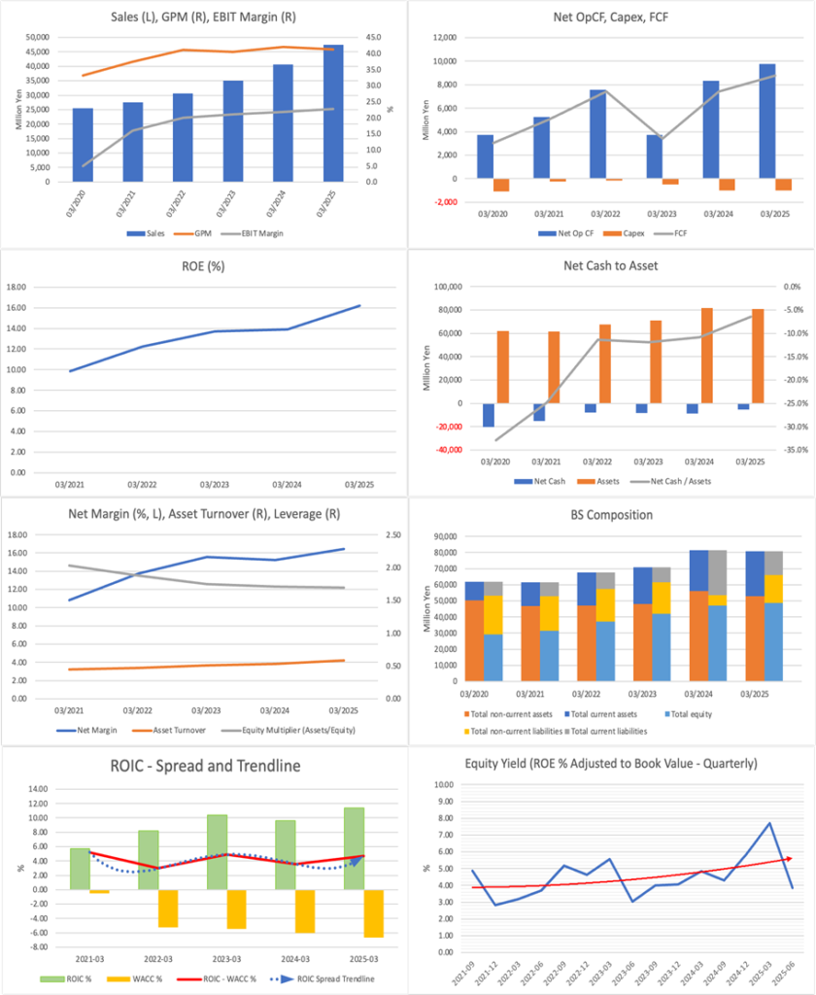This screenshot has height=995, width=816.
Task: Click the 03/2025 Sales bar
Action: [333, 113]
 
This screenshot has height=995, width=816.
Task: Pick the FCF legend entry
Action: [692, 234]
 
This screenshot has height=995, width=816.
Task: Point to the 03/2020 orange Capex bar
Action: [501, 185]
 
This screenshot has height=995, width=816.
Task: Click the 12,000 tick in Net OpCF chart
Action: [444, 38]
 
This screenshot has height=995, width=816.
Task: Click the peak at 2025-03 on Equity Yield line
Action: [769, 823]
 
